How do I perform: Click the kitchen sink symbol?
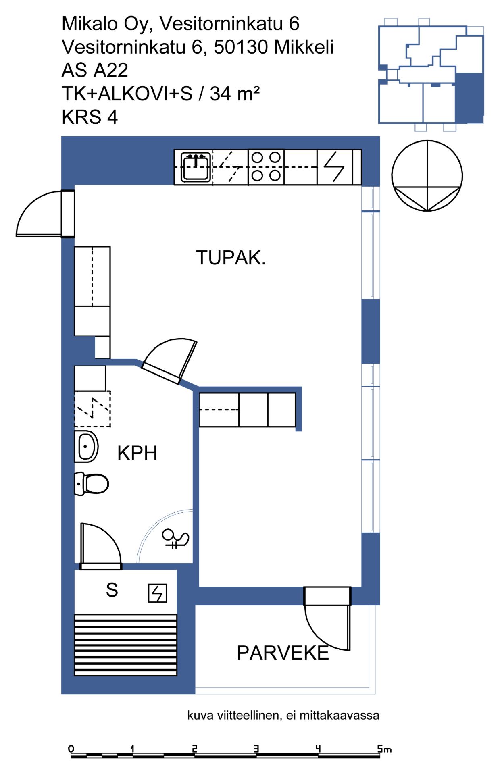[196, 167]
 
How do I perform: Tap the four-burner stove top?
[266, 167]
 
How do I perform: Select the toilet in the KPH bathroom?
[92, 483]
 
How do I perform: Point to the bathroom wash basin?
[86, 446]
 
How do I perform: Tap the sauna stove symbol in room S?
[157, 593]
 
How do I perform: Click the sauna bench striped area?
[126, 645]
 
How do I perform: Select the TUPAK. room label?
[231, 258]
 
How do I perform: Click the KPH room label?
[137, 453]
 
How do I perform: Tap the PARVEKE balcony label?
[283, 653]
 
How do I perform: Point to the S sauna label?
[112, 590]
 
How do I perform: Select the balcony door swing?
[327, 618]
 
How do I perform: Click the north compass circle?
[427, 176]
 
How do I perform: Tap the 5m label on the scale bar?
[384, 749]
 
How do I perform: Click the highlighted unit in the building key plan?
[469, 98]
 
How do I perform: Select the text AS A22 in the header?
[95, 70]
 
